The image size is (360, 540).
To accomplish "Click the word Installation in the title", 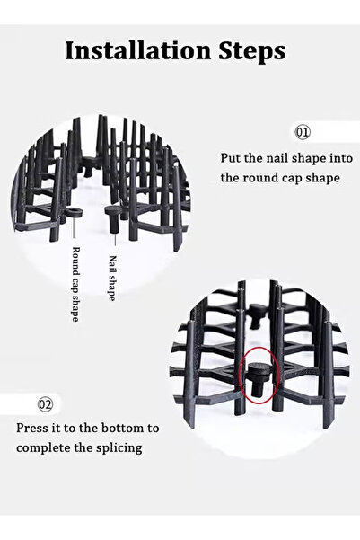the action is pos(137,50).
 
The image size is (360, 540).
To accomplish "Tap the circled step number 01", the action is pos(303,132).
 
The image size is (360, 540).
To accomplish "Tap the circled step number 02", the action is pos(45,403).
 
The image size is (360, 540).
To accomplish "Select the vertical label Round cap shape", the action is pos(75,284).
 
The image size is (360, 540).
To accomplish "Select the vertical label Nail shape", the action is pos(112,278).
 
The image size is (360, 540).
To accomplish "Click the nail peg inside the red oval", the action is pos(258,378).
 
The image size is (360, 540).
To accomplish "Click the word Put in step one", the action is pos(230,158).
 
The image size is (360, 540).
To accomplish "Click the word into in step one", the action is pos(341,158).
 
